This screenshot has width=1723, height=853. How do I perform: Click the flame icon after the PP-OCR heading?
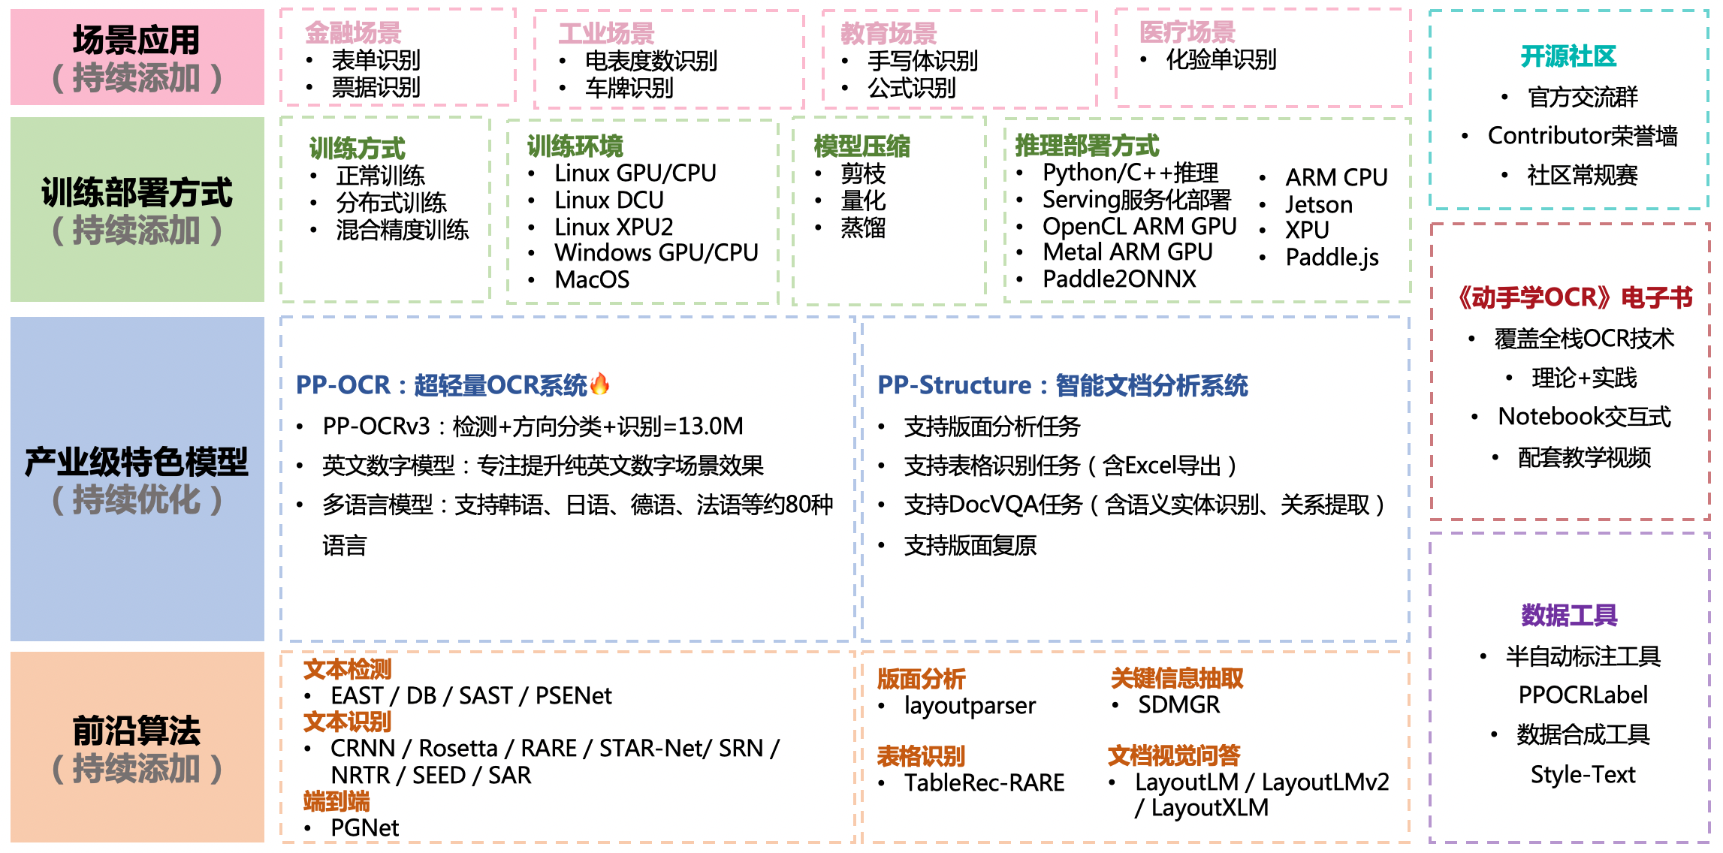[599, 384]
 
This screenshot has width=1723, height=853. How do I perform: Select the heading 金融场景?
[353, 33]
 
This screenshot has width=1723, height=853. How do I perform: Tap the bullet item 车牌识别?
[629, 89]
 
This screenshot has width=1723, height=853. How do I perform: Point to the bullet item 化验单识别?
[1221, 60]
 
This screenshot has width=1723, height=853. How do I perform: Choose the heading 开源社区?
[1568, 56]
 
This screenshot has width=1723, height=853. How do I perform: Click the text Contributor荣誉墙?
[1582, 136]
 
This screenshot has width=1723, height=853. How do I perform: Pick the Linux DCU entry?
[608, 200]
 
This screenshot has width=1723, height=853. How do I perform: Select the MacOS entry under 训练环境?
[592, 280]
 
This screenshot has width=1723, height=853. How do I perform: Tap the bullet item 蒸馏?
[863, 228]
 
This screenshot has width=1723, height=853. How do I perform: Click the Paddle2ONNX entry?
[1118, 279]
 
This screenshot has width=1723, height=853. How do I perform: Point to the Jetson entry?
[1318, 205]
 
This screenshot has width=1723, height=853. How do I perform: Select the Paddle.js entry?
[1332, 258]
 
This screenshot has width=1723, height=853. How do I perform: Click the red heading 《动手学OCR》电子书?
[1574, 298]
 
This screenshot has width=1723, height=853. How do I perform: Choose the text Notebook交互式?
[1584, 417]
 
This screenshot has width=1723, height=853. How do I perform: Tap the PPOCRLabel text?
[1583, 695]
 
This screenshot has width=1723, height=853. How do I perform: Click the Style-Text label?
[1583, 775]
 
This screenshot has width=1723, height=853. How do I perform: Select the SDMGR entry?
[1178, 705]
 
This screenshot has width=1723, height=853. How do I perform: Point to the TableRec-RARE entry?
[984, 783]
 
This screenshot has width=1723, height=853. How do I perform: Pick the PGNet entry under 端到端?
[364, 828]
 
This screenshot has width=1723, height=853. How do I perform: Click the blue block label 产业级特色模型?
[137, 462]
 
